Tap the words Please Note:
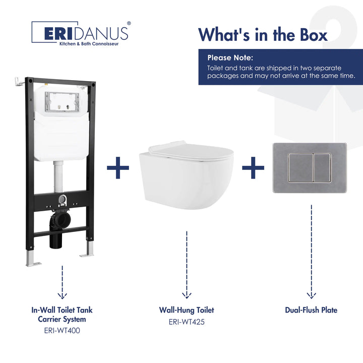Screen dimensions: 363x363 pos(230,57)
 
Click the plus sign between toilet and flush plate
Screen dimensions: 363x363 pos(253,167)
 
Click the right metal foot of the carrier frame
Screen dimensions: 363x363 pos(89,250)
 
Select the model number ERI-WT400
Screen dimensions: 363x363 pos(63,331)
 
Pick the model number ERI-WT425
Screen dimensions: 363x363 pos(187,321)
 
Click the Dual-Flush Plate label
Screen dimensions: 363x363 pos(311,310)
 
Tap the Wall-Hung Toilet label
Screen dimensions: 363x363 pos(187,310)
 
